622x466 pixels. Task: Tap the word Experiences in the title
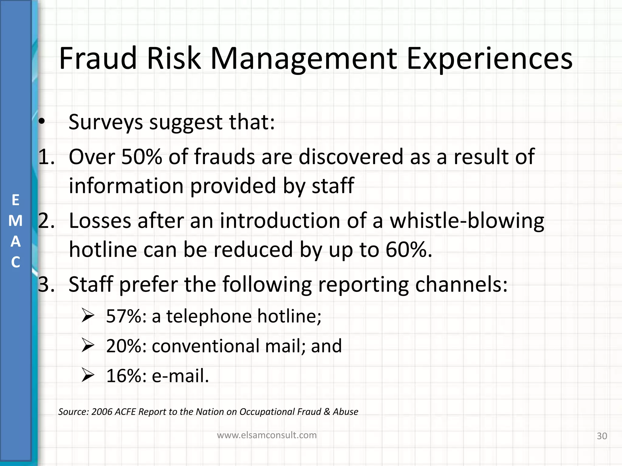489,58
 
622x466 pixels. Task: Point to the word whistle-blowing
467,221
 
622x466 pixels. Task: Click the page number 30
602,436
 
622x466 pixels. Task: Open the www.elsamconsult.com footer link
267,435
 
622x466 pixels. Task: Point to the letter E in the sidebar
15,200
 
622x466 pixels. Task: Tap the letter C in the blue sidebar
15,262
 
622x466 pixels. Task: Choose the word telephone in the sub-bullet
209,316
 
